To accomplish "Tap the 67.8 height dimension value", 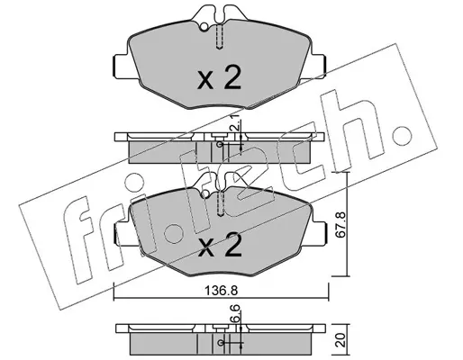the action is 341,225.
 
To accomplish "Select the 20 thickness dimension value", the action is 341,339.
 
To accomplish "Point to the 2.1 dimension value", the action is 234,122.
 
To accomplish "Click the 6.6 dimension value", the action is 235,313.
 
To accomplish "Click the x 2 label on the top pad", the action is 219,78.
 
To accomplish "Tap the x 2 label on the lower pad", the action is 220,245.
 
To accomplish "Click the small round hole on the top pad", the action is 204,27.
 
